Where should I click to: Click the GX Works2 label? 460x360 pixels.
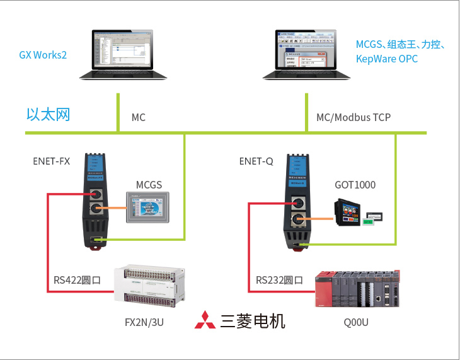[43, 55]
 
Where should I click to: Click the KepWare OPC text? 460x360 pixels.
[386, 59]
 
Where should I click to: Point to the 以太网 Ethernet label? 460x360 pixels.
[48, 114]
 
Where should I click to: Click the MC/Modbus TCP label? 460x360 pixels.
[353, 117]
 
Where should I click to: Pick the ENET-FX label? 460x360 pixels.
[51, 161]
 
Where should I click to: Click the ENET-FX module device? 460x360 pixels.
[97, 200]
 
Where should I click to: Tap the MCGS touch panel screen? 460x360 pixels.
[148, 207]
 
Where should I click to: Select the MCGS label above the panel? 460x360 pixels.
[149, 185]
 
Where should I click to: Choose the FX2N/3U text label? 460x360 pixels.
[145, 323]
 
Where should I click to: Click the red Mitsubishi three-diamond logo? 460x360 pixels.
[204, 320]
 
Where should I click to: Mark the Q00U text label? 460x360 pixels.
[356, 323]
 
